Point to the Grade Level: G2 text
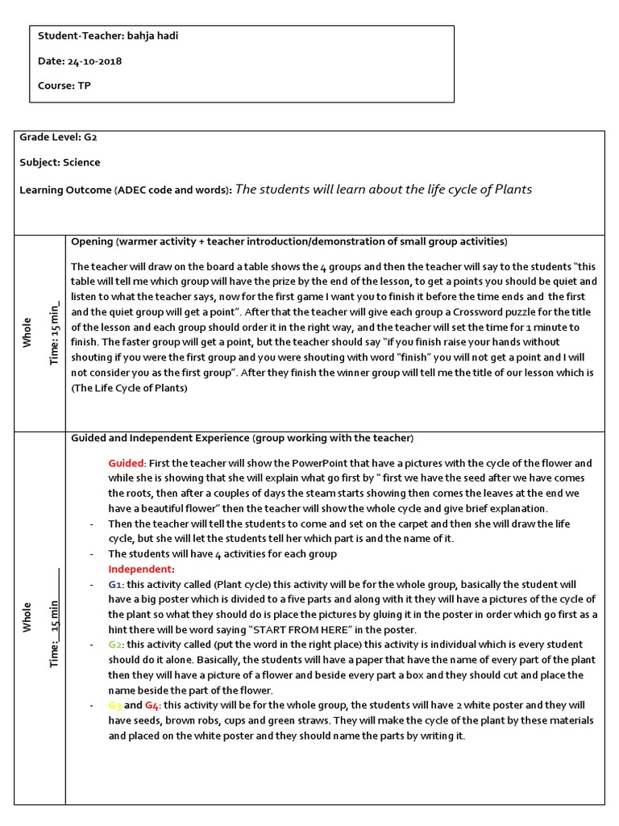coord(59,137)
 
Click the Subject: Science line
coord(60,162)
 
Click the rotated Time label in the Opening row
coord(55,333)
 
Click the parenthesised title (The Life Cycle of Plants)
coord(129,388)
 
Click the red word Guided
coord(126,463)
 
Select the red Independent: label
coord(141,569)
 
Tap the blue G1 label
coord(115,584)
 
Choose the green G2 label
coord(116,645)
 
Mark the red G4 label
coord(153,705)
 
